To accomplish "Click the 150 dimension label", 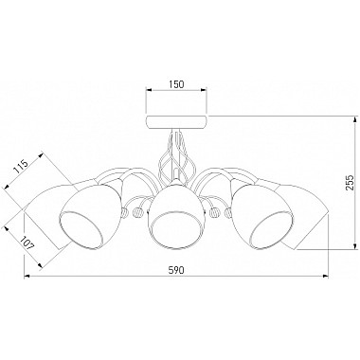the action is (x=176, y=84).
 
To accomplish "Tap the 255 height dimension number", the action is (x=349, y=183).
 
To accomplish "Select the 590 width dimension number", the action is (x=176, y=270).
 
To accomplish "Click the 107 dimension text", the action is (x=27, y=243).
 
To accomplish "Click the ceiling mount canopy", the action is (x=176, y=122).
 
